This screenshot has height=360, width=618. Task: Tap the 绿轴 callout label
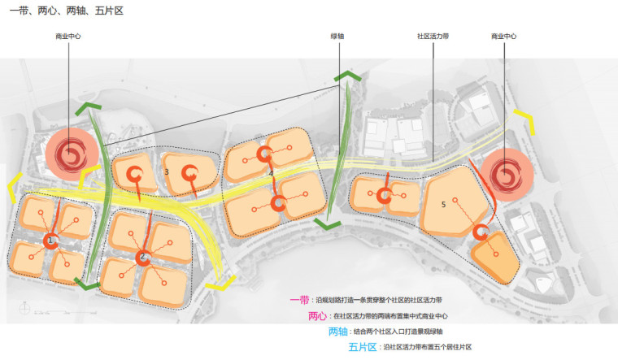coord(337,37)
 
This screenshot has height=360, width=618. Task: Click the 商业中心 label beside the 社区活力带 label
coord(503,37)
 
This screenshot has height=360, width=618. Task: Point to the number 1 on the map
coord(50,241)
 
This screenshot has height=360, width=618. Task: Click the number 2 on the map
coord(142,256)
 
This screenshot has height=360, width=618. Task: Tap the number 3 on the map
coord(166,172)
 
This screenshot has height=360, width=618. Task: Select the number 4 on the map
coord(271,172)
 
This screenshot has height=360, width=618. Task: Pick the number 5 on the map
coord(443,205)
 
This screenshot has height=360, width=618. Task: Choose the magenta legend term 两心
coord(318,315)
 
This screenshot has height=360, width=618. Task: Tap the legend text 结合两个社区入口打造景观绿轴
coord(398,332)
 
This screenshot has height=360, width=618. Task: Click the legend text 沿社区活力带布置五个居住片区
coord(426,347)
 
